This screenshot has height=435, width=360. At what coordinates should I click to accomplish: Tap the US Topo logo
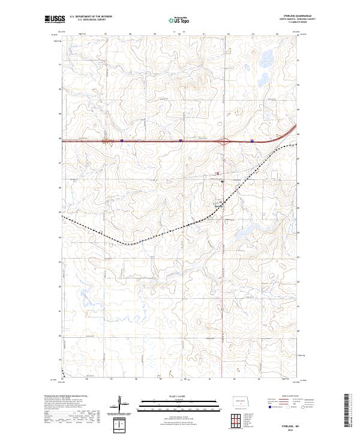pyautogui.click(x=179, y=20)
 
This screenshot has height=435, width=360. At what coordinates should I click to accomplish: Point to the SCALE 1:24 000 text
pyautogui.click(x=179, y=397)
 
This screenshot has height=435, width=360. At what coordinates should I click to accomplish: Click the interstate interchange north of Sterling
pyautogui.click(x=224, y=142)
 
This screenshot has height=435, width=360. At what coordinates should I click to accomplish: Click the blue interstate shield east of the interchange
pyautogui.click(x=252, y=142)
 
